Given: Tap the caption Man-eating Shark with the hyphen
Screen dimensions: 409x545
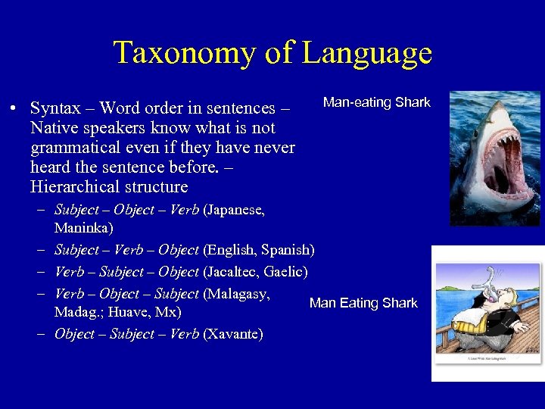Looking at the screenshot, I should coord(376,102).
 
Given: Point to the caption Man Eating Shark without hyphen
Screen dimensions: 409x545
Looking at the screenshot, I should coord(363,303).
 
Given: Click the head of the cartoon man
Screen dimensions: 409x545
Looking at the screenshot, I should coord(475,292).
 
